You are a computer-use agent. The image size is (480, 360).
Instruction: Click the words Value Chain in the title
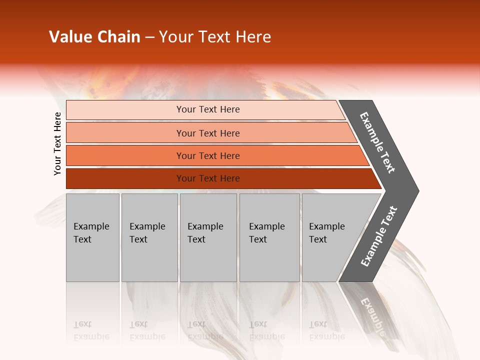click(x=94, y=37)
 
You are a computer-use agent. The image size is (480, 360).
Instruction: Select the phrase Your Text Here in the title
click(x=215, y=37)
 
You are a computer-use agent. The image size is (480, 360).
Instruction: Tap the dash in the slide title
click(x=149, y=37)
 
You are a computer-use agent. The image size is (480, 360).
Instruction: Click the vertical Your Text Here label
click(x=57, y=143)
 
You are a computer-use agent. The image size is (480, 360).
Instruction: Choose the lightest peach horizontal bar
click(x=205, y=109)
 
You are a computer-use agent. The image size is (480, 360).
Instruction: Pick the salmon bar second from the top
click(x=210, y=133)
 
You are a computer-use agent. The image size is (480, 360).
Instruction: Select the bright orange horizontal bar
click(x=215, y=155)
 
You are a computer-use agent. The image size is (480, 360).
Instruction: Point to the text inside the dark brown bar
click(x=208, y=178)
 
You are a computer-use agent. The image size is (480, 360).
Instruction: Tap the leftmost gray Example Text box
click(x=92, y=237)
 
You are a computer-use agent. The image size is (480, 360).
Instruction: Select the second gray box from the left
click(x=149, y=237)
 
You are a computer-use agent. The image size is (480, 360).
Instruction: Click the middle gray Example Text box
click(x=208, y=237)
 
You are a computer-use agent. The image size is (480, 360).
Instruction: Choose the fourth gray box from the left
click(x=269, y=237)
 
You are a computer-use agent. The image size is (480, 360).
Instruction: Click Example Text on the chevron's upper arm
click(x=377, y=142)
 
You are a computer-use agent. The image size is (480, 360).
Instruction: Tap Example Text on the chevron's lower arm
click(x=379, y=236)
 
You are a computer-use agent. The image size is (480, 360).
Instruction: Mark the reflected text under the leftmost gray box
click(x=91, y=330)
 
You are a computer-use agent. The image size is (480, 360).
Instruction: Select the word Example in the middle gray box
click(x=205, y=226)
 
